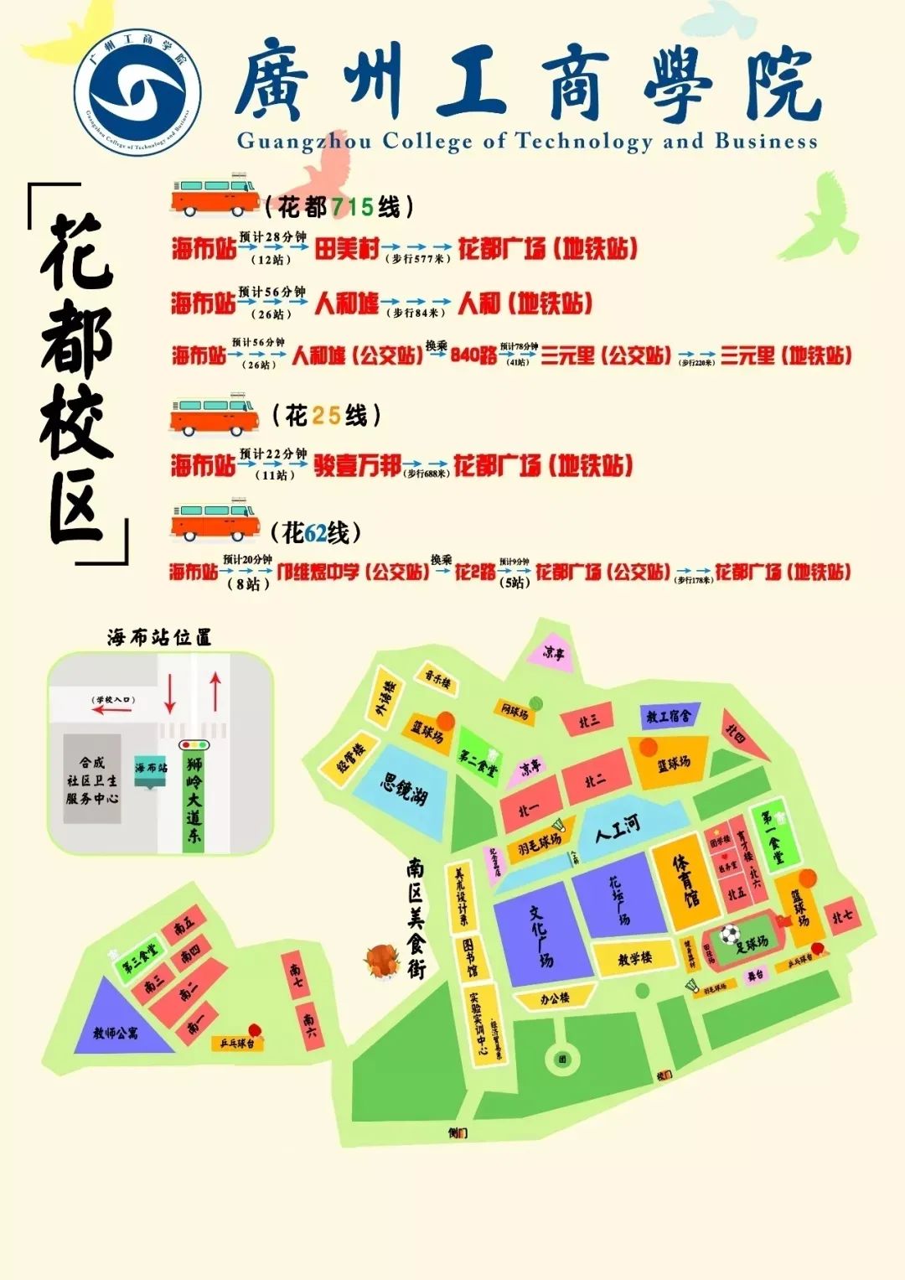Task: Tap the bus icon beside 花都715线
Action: coord(215,196)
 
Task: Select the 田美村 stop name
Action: coord(346,248)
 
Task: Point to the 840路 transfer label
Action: coord(473,355)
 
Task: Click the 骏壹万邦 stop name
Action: coord(357,465)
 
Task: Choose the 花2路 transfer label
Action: coord(475,573)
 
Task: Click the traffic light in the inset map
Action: coord(195,744)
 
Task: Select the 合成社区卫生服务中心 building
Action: coord(92,780)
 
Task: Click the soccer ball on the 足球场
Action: coord(729,933)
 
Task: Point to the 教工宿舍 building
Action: coord(668,717)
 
